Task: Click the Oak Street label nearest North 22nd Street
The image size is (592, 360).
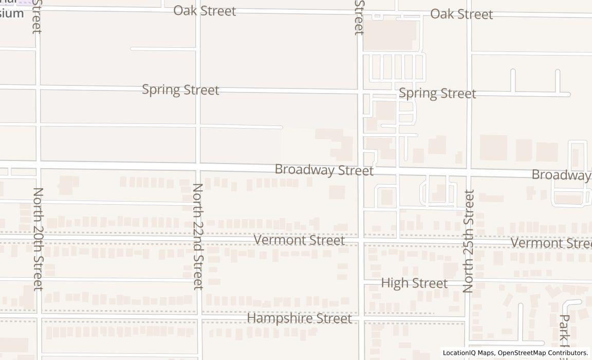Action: [x=205, y=11]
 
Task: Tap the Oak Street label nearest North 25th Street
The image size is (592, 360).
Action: [x=461, y=14]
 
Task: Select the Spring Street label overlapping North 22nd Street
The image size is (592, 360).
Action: [x=180, y=89]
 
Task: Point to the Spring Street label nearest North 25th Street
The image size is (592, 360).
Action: [x=437, y=94]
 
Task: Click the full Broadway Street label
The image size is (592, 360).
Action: [x=324, y=170]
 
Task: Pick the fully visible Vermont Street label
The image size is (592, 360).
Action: [x=299, y=240]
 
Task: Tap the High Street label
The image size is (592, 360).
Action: [x=414, y=283]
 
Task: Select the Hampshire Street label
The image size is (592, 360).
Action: [x=300, y=318]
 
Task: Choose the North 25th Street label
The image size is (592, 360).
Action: [x=468, y=241]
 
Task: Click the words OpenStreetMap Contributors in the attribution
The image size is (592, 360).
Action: [x=543, y=353]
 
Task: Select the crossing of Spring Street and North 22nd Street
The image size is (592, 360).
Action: [x=198, y=89]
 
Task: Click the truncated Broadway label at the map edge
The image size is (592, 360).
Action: [x=561, y=175]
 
